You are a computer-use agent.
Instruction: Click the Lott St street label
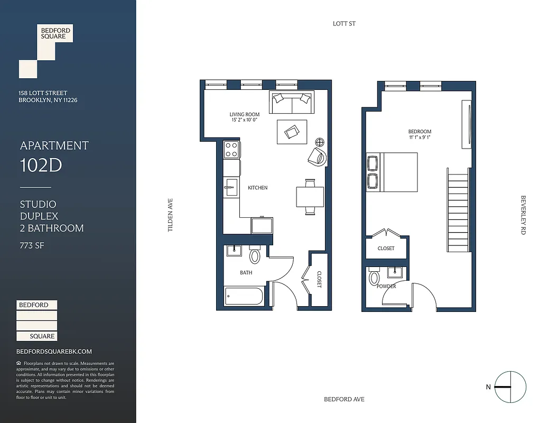click(344, 24)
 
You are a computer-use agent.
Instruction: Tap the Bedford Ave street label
click(344, 399)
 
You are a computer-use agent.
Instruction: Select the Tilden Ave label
click(171, 215)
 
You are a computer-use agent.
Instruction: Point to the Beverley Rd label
click(523, 215)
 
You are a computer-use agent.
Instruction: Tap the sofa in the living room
click(291, 102)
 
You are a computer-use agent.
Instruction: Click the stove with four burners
click(231, 149)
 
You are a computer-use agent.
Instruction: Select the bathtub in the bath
click(244, 297)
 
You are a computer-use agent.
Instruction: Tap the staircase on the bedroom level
click(458, 210)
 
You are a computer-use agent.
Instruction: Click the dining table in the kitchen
click(310, 197)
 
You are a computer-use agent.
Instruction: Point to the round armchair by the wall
click(318, 157)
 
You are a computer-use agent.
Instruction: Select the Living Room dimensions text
click(245, 120)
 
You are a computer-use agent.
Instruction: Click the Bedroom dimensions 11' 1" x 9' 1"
click(420, 137)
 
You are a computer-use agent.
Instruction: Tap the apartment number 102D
click(41, 165)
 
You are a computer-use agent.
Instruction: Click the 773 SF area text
click(32, 245)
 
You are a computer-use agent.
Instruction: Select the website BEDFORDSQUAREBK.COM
click(54, 352)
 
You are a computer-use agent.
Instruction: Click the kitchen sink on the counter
click(231, 187)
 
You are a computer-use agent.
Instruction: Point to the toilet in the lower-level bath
click(255, 256)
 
